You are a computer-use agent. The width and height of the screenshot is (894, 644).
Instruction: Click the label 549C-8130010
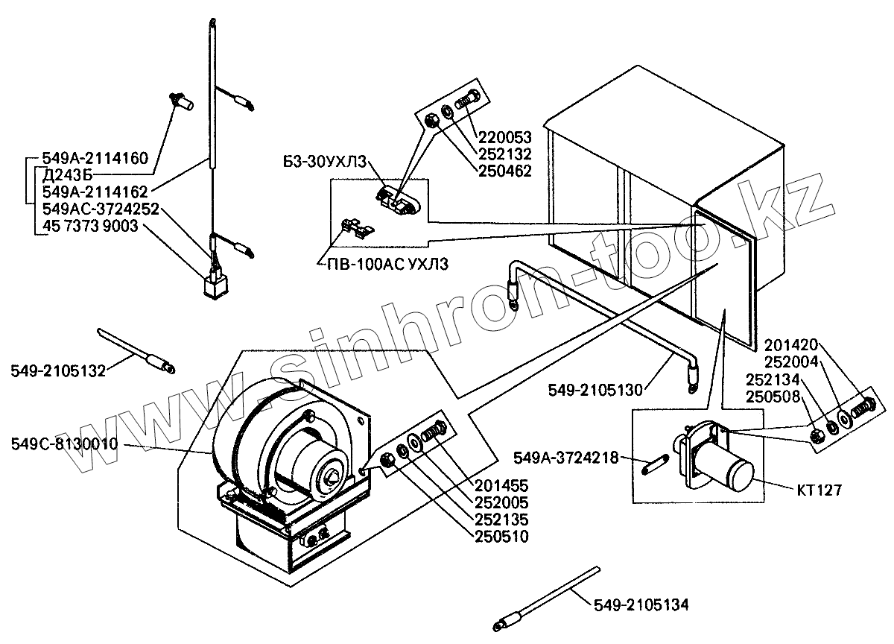coord(64,445)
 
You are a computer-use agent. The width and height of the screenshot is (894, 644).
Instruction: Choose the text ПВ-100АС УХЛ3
coord(384,265)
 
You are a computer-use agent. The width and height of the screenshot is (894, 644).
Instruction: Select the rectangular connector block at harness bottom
coord(215,286)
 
